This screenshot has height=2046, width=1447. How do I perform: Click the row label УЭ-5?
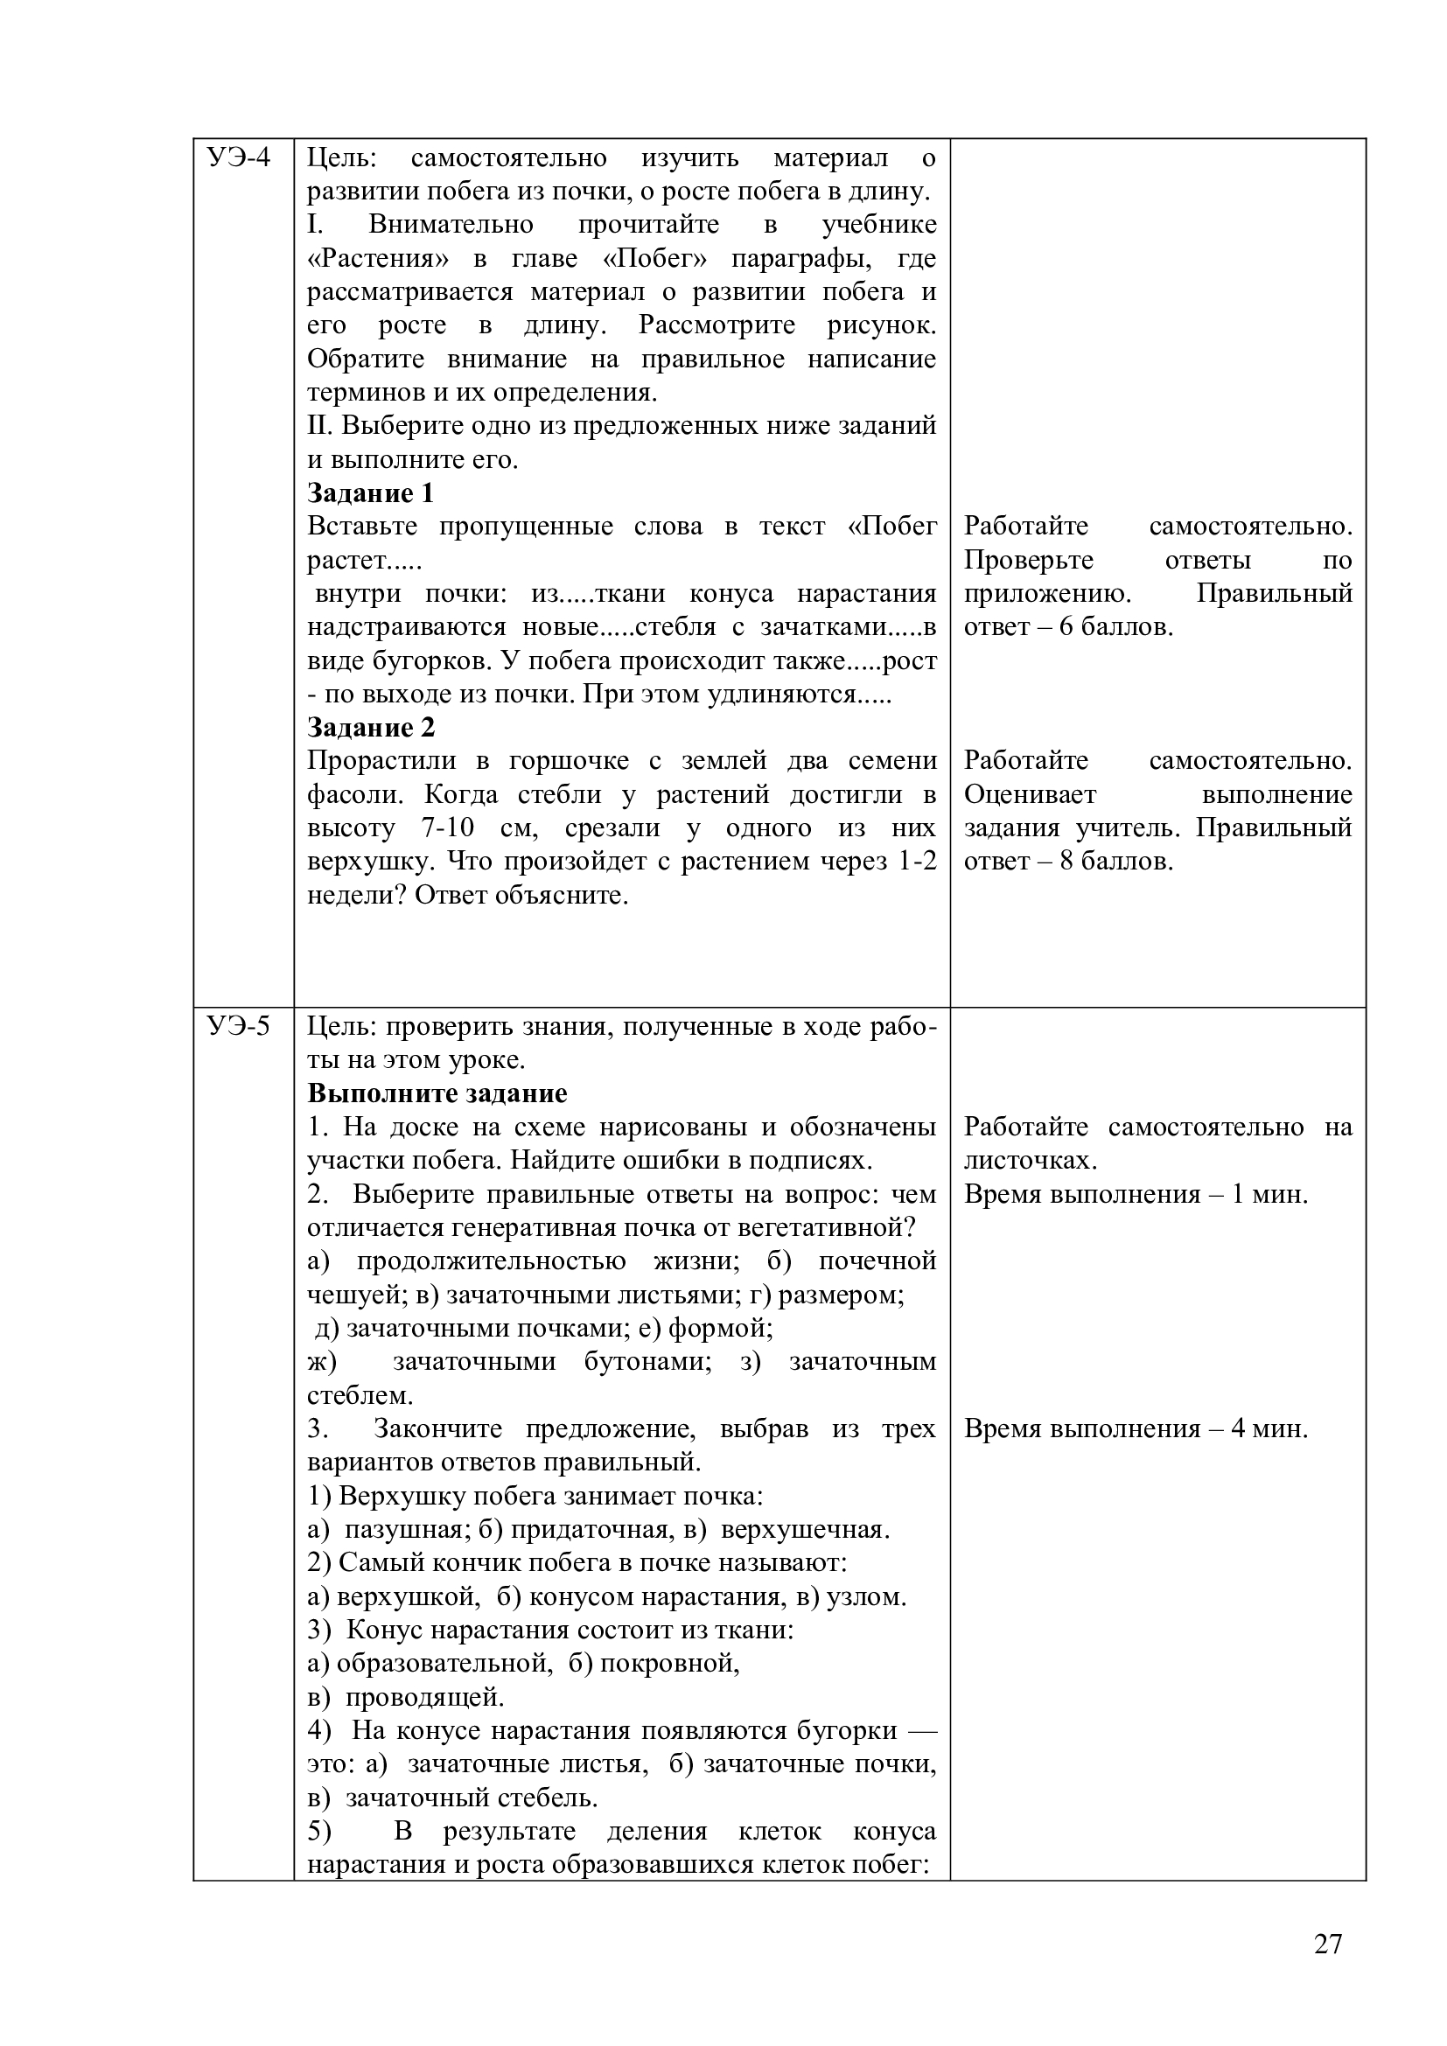click(238, 1026)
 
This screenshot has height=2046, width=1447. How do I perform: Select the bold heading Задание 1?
click(371, 492)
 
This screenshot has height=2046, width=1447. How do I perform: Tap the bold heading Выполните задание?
click(437, 1093)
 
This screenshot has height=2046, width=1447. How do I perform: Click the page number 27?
click(1327, 1944)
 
